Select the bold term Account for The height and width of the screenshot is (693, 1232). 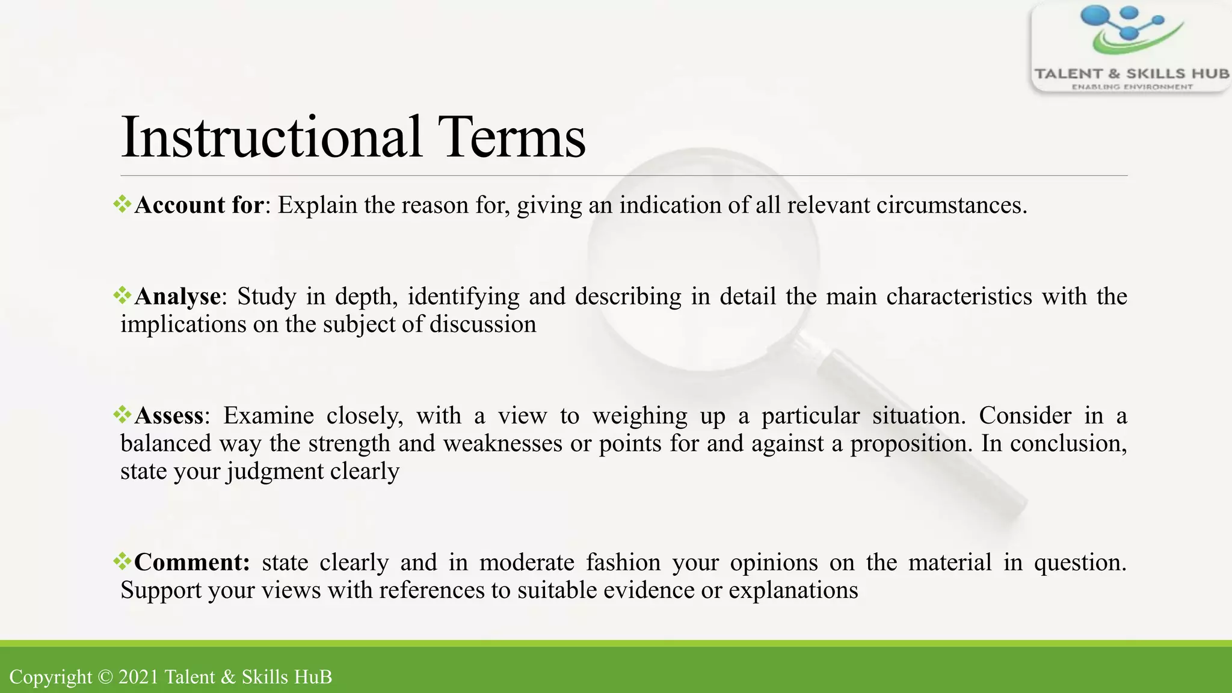199,206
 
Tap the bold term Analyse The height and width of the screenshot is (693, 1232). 177,297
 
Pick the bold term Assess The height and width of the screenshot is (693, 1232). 169,416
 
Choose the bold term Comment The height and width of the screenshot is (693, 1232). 191,562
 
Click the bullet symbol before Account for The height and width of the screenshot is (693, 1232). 122,204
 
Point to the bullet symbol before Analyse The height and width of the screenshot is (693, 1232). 122,295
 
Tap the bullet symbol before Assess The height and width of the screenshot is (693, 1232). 122,414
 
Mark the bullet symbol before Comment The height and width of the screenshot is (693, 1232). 122,561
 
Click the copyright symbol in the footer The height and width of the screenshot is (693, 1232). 105,677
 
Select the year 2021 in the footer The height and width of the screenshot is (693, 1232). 138,677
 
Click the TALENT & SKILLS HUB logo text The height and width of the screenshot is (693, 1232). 1131,74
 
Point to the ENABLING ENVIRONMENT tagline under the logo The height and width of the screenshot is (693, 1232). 1132,87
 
